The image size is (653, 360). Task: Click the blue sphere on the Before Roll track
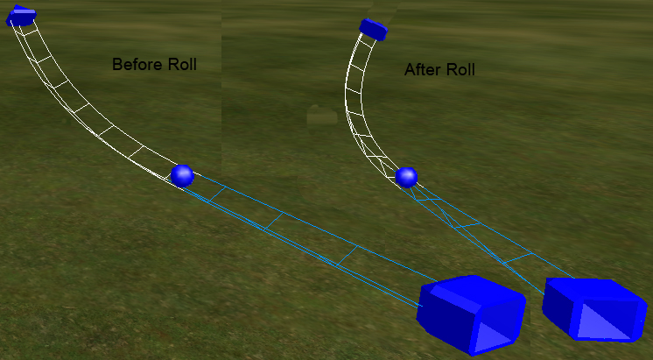click(x=182, y=176)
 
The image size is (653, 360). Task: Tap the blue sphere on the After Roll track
click(x=406, y=178)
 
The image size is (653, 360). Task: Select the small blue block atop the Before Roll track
click(x=20, y=16)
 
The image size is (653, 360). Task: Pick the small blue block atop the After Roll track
click(x=373, y=29)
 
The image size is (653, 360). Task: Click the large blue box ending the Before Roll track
click(x=471, y=314)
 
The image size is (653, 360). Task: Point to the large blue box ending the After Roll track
click(x=594, y=309)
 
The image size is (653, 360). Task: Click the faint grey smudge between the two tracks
click(x=322, y=116)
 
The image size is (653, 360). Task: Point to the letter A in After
click(x=410, y=69)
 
